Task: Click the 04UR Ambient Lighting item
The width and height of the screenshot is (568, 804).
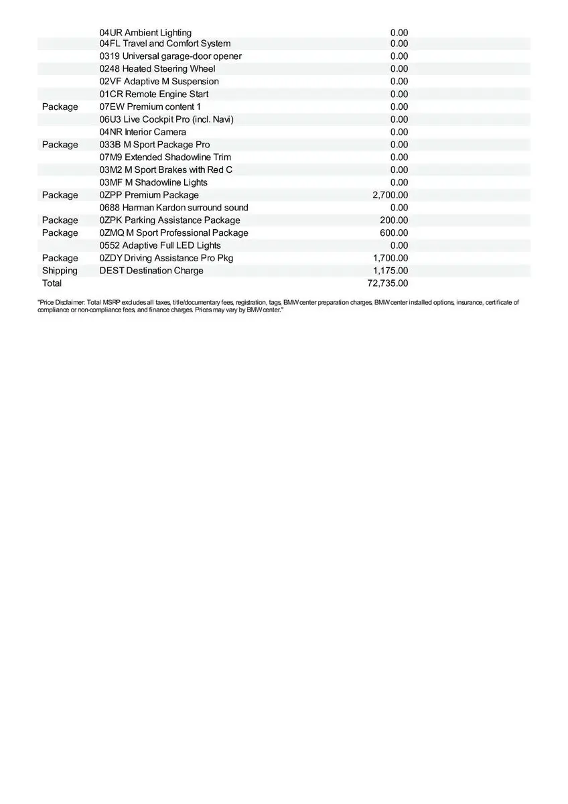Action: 145,33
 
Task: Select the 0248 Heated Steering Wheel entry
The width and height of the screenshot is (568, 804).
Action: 157,69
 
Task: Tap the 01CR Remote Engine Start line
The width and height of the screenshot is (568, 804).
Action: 154,94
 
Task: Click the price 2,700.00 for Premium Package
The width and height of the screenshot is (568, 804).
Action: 390,195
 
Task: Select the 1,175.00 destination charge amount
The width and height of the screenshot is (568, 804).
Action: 390,271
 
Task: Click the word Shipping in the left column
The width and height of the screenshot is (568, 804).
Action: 60,271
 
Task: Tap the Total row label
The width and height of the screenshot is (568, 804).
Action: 52,283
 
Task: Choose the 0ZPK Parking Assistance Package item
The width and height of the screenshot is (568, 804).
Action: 169,220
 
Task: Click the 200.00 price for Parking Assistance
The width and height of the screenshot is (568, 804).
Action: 394,220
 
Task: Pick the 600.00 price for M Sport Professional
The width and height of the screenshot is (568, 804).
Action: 394,233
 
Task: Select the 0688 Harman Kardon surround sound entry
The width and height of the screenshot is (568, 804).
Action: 173,208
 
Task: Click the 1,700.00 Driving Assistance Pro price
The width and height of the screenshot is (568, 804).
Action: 390,258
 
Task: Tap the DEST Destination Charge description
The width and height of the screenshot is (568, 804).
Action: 151,271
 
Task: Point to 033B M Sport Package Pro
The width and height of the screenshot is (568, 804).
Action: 155,145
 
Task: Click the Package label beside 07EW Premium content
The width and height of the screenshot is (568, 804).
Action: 60,107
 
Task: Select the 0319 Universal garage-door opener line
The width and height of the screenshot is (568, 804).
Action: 170,56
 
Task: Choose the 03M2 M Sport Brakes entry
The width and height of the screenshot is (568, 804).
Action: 166,170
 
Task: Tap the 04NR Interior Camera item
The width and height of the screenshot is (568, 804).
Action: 143,132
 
